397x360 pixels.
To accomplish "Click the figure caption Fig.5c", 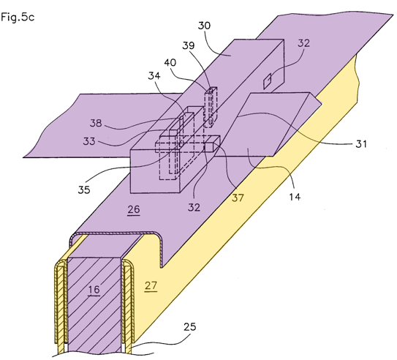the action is [18, 17].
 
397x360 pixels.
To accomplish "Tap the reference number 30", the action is [204, 26].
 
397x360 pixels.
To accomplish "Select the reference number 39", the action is [189, 45].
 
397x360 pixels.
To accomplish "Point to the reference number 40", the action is [170, 63].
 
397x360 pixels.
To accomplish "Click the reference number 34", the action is [154, 75].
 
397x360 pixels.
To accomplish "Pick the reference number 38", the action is [96, 123].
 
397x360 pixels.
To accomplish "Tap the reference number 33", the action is [89, 141].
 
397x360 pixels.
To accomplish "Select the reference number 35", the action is [84, 190].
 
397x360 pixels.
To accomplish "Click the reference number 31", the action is [361, 144].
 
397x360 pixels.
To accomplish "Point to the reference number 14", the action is [295, 197].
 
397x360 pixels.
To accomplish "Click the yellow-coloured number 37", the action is [238, 198].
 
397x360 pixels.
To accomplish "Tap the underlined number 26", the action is [134, 210].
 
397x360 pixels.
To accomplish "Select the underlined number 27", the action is [151, 286].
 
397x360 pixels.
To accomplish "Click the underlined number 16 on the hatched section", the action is [94, 290].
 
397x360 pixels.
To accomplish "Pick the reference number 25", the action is [190, 327].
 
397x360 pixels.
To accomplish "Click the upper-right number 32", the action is [303, 43].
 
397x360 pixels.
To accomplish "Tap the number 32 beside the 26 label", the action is [194, 208].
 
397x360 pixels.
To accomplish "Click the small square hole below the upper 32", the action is [267, 81].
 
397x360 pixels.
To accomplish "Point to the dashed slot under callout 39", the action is [211, 107].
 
